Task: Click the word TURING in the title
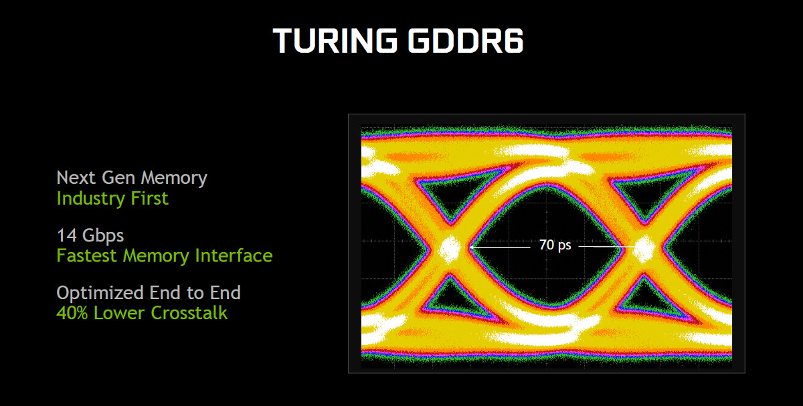click(x=335, y=41)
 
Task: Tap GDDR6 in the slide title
click(x=466, y=41)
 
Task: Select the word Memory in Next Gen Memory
click(x=174, y=178)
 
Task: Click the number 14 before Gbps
click(x=67, y=235)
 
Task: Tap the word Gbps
click(x=103, y=236)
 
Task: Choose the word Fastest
click(x=86, y=256)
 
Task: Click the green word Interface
click(x=234, y=256)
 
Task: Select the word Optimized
click(x=100, y=293)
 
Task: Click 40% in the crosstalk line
click(x=72, y=313)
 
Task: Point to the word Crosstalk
click(x=189, y=313)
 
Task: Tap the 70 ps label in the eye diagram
click(x=555, y=245)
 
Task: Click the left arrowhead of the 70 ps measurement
click(x=471, y=247)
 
